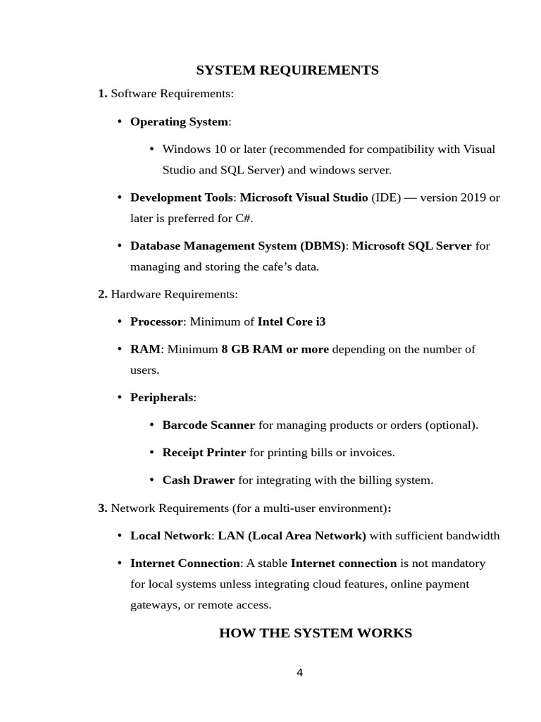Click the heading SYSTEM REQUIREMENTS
pyautogui.click(x=287, y=70)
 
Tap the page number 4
pyautogui.click(x=299, y=673)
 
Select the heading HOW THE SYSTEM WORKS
pyautogui.click(x=316, y=632)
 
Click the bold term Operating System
pyautogui.click(x=179, y=122)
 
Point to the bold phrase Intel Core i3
pyautogui.click(x=292, y=322)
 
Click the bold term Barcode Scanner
pyautogui.click(x=209, y=425)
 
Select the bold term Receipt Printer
pyautogui.click(x=204, y=453)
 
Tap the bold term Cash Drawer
pyautogui.click(x=199, y=480)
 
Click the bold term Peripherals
pyautogui.click(x=161, y=398)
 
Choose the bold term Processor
pyautogui.click(x=156, y=322)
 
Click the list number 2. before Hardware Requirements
pyautogui.click(x=103, y=294)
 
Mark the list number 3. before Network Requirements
pyautogui.click(x=103, y=508)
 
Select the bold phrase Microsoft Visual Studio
pyautogui.click(x=304, y=197)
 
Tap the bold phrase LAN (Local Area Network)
pyautogui.click(x=292, y=535)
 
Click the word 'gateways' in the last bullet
pyautogui.click(x=154, y=605)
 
